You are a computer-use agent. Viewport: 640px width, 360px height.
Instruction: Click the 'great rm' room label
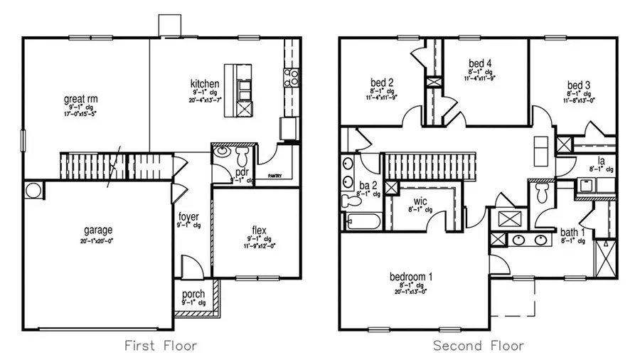80,99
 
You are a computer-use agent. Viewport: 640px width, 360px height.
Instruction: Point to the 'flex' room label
259,229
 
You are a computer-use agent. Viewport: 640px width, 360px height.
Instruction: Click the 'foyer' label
188,216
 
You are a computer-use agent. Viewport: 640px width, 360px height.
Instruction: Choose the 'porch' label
193,294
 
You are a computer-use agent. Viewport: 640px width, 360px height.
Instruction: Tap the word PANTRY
275,174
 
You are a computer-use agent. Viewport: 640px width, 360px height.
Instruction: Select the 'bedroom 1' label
411,275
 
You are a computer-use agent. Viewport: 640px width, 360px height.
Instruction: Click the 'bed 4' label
481,62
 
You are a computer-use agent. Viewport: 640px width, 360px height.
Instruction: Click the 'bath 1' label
570,232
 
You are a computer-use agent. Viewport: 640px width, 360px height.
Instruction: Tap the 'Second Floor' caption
478,346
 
